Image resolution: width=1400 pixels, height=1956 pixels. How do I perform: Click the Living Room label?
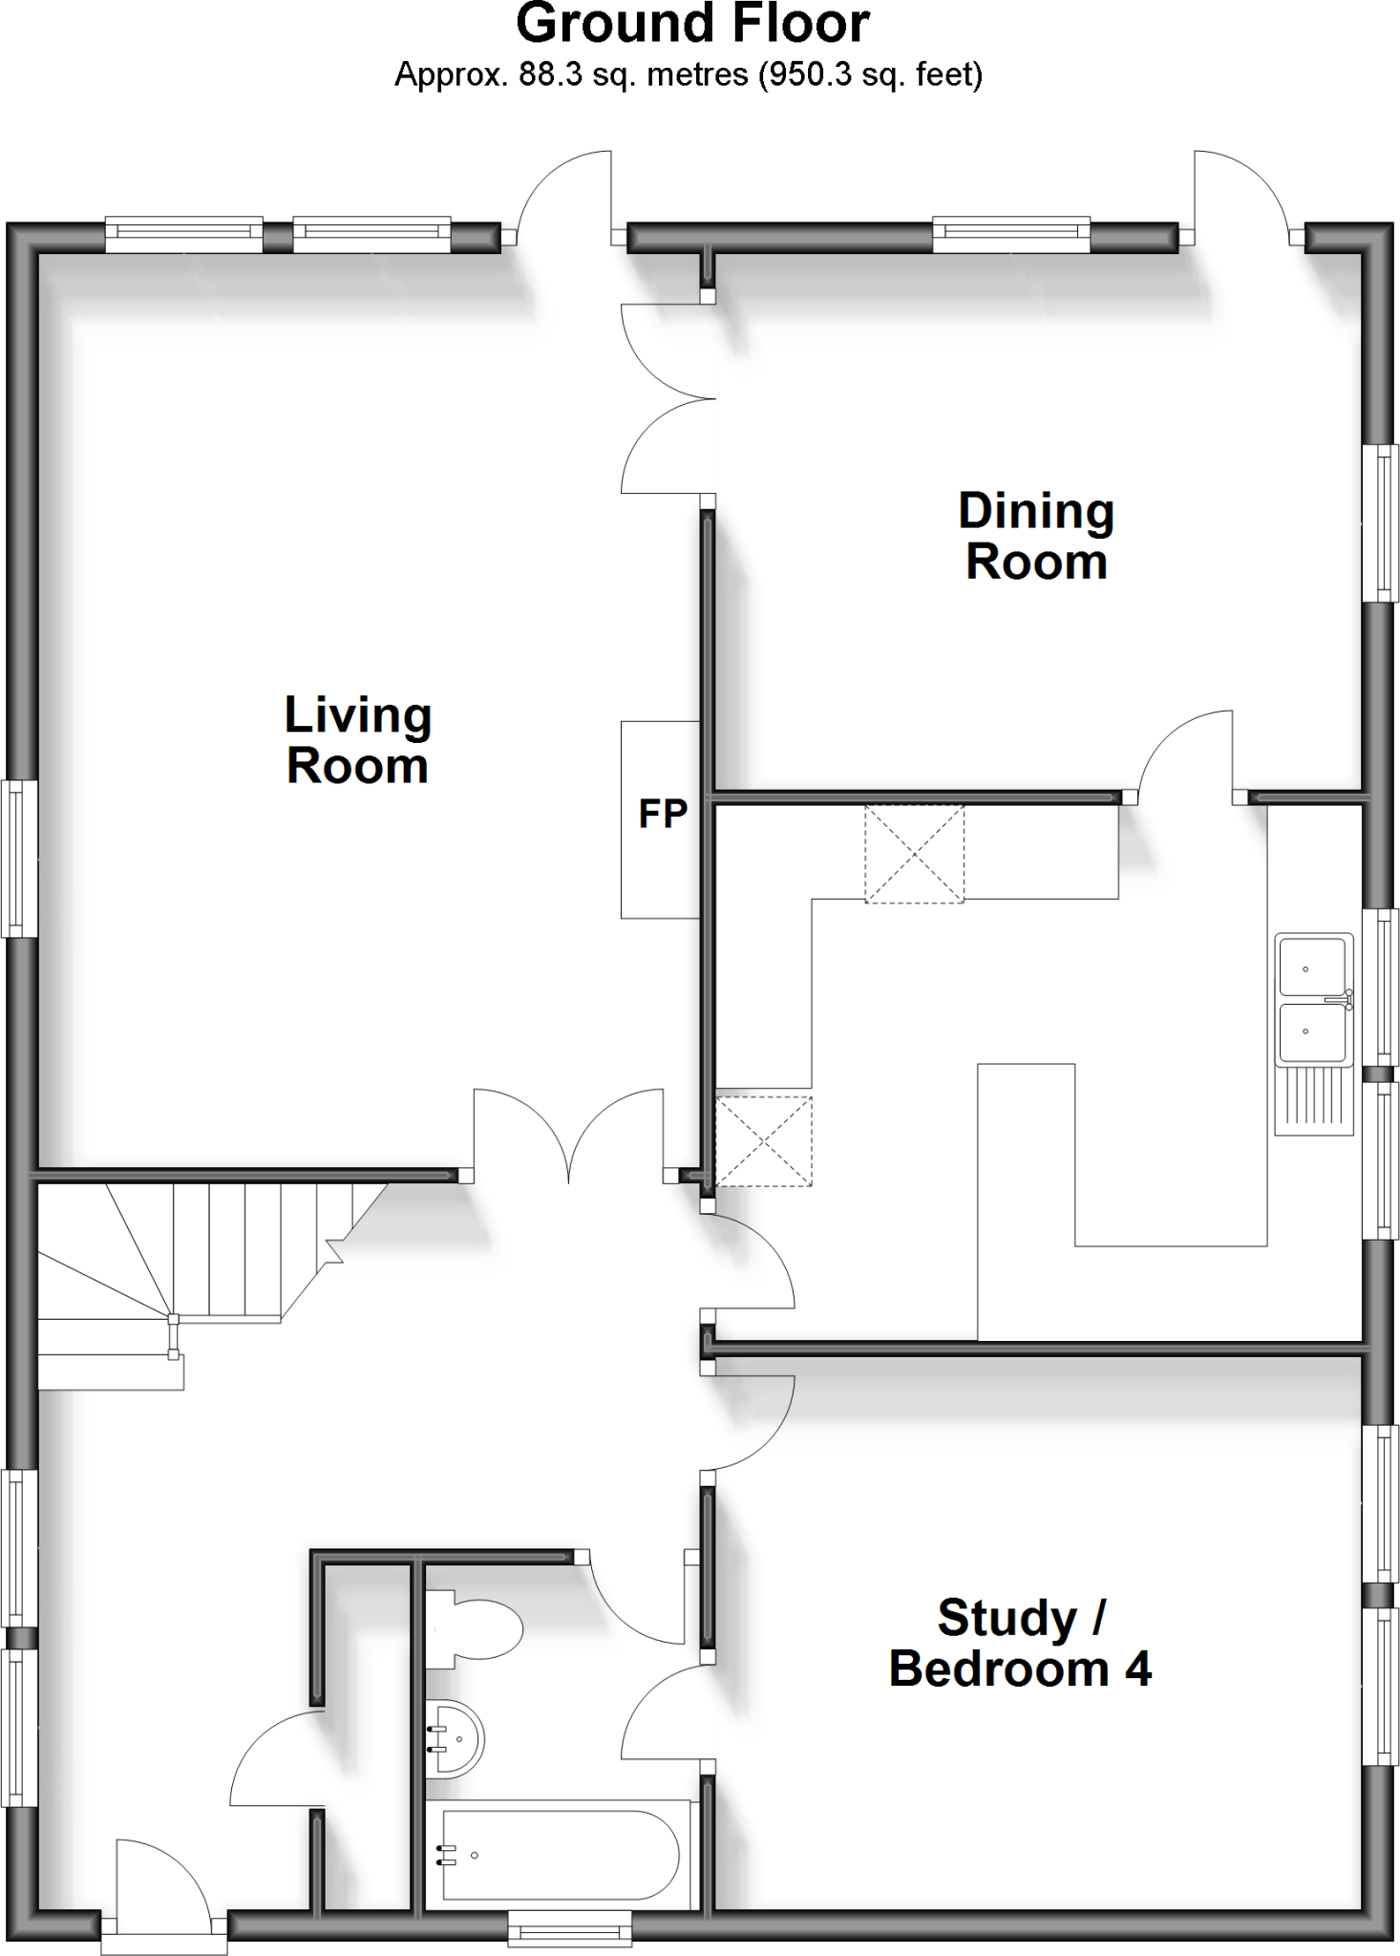358,740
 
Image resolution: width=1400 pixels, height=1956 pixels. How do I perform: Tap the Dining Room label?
1036,537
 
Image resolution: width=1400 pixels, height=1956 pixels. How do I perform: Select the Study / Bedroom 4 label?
1020,1643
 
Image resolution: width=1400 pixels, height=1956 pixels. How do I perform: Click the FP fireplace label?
663,815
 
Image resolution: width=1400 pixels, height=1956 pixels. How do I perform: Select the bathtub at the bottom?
562,1854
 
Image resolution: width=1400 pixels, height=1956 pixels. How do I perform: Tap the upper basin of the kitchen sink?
1310,967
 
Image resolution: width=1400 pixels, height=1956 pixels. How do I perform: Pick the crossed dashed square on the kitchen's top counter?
914,853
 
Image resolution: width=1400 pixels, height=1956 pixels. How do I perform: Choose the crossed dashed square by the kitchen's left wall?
763,1140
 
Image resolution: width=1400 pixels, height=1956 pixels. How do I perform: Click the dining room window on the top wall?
1011,235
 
